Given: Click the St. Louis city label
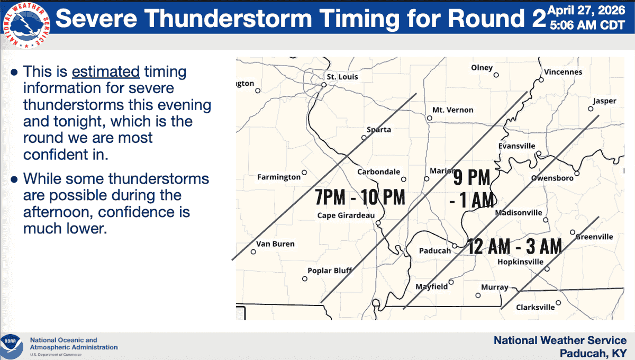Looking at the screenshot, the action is coord(342,77).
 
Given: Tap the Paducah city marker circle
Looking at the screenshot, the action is coord(455,246).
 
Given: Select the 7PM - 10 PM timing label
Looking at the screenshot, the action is coord(360,197).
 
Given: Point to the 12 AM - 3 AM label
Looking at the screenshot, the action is coord(514,246).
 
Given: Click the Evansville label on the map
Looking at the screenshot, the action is coord(517,146).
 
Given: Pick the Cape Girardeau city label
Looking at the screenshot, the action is coord(346,215).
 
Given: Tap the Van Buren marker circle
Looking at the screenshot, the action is coord(253,251).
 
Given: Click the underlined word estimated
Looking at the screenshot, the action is coord(106,71).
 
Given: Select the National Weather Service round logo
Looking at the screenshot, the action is coord(26,25).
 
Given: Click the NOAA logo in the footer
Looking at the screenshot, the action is coord(12,347).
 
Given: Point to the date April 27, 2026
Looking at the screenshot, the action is coord(586,11).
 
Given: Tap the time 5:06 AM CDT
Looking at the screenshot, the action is coord(587,25).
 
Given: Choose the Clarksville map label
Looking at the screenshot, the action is coord(535,307).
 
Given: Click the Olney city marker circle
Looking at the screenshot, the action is coord(496,75).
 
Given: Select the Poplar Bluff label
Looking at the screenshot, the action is coord(330,271).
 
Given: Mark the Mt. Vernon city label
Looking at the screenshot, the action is coord(453,110).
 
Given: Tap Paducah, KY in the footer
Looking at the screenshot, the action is coord(593,354).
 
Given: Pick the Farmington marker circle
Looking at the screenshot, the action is coord(304,173).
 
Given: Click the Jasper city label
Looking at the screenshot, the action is coord(605,101).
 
